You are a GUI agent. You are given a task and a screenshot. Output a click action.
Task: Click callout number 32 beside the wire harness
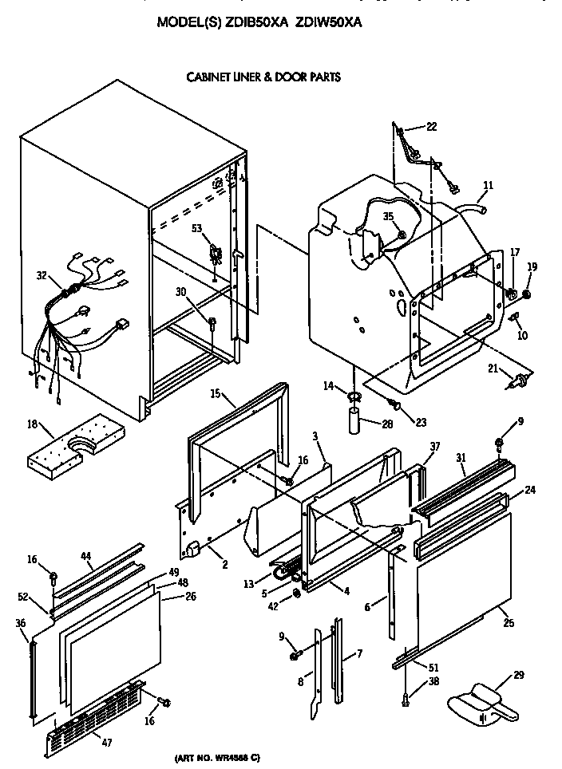[x=42, y=276]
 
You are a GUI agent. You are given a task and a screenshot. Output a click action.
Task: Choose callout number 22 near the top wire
[x=431, y=126]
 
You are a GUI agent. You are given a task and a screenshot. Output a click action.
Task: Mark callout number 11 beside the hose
[x=488, y=186]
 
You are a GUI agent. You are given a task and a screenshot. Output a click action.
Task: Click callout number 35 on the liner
[x=389, y=215]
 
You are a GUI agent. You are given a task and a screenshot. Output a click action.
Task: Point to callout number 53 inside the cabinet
[x=196, y=229]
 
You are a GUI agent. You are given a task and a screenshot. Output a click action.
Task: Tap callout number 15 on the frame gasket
[x=216, y=393]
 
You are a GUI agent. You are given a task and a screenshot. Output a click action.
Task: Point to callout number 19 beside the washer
[x=532, y=266]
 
